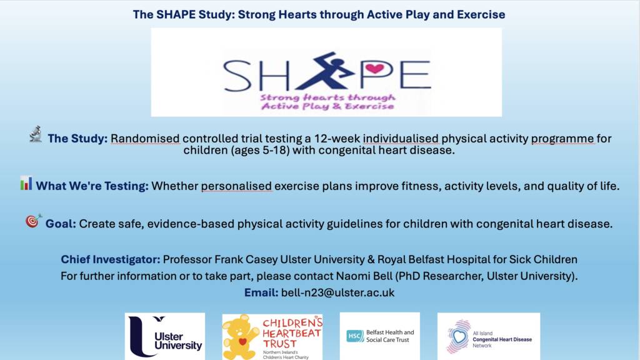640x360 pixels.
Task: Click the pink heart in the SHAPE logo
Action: click(x=375, y=68)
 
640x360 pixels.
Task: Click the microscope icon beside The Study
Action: click(x=36, y=134)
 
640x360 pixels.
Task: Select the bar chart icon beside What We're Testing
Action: click(x=26, y=183)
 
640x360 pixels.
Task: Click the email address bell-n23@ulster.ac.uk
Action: click(x=338, y=292)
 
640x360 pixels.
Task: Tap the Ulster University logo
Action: click(x=165, y=336)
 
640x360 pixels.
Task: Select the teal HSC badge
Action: click(x=355, y=336)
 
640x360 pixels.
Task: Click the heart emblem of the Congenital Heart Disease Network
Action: click(x=459, y=336)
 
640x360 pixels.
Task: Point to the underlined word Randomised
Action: click(x=145, y=139)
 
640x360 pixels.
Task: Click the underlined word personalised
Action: click(x=236, y=186)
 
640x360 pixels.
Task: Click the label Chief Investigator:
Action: click(x=111, y=259)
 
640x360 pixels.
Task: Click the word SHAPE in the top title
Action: click(x=176, y=15)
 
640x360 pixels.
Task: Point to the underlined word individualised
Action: click(x=401, y=139)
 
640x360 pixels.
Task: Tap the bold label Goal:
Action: click(x=61, y=224)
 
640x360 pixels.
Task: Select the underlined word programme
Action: click(x=562, y=139)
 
